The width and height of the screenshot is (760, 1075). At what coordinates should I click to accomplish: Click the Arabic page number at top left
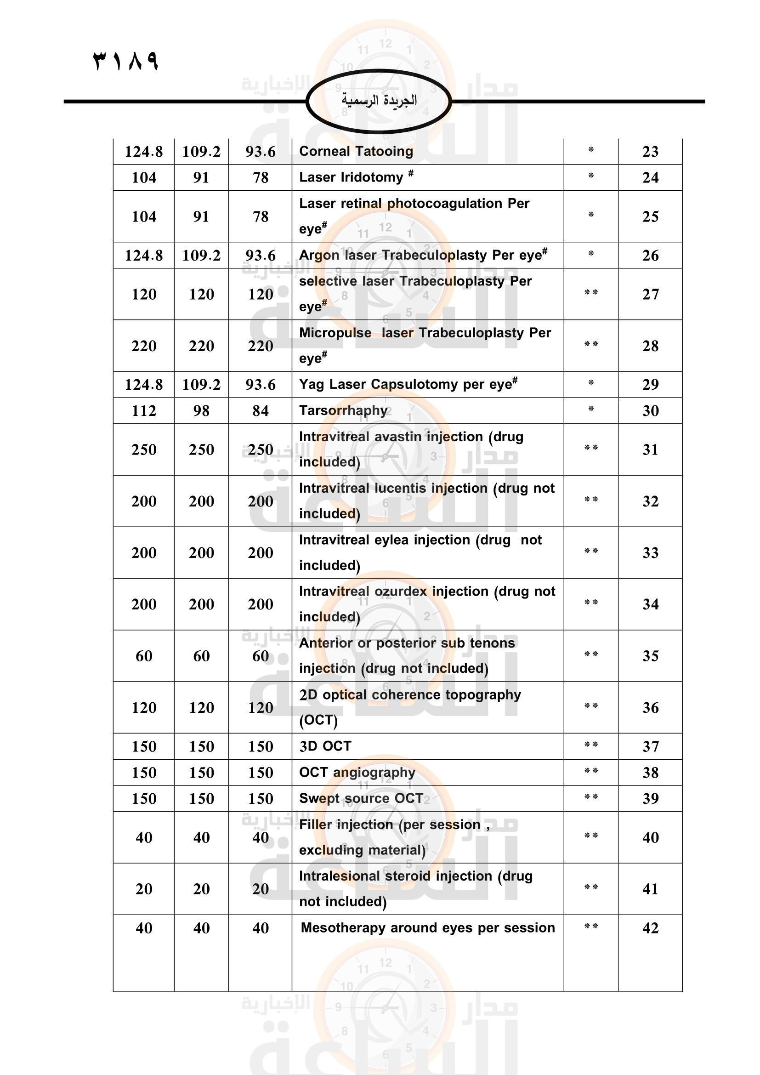pyautogui.click(x=126, y=61)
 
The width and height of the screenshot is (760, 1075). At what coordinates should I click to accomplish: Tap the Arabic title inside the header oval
pyautogui.click(x=379, y=100)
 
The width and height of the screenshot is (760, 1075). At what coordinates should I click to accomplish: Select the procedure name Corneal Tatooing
pyautogui.click(x=356, y=151)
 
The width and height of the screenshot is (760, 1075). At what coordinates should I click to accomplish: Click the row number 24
pyautogui.click(x=650, y=177)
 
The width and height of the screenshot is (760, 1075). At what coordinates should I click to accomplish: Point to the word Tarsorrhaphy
pyautogui.click(x=343, y=410)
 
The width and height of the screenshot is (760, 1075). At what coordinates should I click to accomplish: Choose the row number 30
pyautogui.click(x=650, y=410)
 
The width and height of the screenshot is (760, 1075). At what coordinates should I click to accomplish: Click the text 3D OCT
pyautogui.click(x=325, y=746)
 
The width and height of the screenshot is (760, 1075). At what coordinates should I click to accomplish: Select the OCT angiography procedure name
pyautogui.click(x=357, y=772)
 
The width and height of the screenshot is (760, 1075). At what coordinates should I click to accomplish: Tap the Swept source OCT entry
pyautogui.click(x=361, y=798)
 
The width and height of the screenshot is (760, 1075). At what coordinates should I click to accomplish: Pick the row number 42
pyautogui.click(x=650, y=927)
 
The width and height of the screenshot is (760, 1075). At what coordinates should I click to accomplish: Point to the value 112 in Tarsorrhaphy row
pyautogui.click(x=144, y=410)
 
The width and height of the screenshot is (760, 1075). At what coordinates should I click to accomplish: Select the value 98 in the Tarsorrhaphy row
pyautogui.click(x=201, y=410)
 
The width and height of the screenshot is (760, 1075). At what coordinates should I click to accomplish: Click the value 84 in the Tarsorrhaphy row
pyautogui.click(x=260, y=410)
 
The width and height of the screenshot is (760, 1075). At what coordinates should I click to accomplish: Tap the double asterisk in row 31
pyautogui.click(x=590, y=448)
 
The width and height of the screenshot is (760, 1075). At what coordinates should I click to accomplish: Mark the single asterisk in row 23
pyautogui.click(x=590, y=150)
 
